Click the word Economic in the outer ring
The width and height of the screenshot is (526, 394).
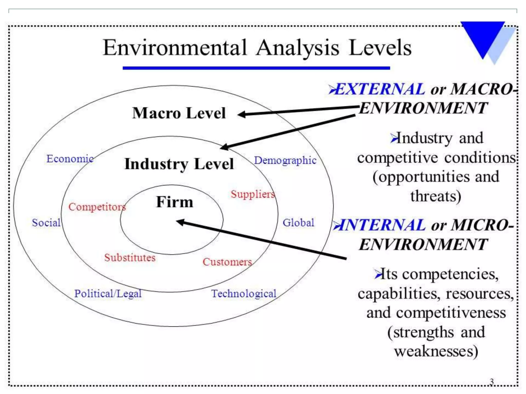coord(70,159)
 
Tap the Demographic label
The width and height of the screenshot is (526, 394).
coord(285,161)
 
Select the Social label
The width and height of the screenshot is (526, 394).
coord(46,223)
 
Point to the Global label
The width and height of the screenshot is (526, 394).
coord(298,223)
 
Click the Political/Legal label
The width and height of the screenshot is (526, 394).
coord(108,294)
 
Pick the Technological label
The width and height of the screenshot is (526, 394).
coord(243,294)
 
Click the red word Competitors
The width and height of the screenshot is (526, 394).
coord(97,207)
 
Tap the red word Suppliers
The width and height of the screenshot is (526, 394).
coord(253,194)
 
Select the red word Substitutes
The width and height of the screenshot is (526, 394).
coord(130,258)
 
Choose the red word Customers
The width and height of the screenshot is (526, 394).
coord(227,262)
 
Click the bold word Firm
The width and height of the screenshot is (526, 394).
coord(175,202)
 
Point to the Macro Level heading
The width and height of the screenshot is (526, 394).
coord(179,113)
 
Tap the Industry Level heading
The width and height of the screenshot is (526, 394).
coord(179,164)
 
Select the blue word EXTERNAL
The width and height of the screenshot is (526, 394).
coord(380,89)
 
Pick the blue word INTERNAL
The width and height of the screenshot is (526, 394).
coord(382,225)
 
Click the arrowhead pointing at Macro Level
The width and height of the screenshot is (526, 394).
coord(241,114)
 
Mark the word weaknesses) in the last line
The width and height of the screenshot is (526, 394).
coord(436,351)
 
